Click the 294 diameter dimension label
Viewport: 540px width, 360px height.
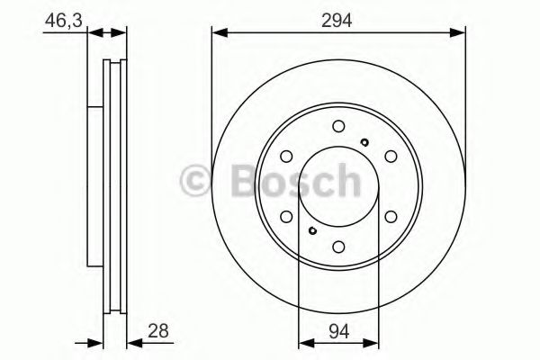pyautogui.click(x=338, y=17)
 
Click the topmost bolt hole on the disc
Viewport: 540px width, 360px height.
pyautogui.click(x=338, y=126)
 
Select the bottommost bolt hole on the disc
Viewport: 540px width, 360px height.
pyautogui.click(x=338, y=247)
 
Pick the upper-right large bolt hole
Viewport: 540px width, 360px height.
pyautogui.click(x=391, y=157)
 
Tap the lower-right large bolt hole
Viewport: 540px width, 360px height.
pyautogui.click(x=391, y=216)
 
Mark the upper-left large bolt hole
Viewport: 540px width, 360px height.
pyautogui.click(x=286, y=157)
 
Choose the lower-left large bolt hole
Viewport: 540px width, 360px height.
pyautogui.click(x=286, y=216)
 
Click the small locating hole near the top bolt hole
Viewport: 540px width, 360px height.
pyautogui.click(x=363, y=141)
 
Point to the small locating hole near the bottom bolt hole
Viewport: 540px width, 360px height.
pyautogui.click(x=312, y=231)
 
